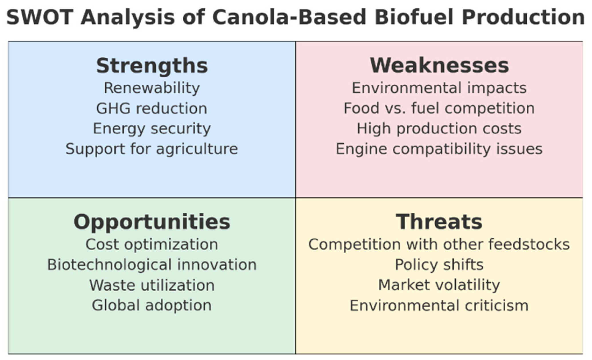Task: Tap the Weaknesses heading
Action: coord(439,65)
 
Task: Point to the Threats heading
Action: coord(439,222)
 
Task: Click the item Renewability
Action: coord(152,88)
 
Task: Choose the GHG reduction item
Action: coord(152,109)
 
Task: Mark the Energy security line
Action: coord(152,129)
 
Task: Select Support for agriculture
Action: coord(152,149)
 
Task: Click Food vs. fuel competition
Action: coord(439,109)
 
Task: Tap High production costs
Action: coord(439,129)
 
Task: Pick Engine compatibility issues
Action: coord(439,149)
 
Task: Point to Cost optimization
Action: coord(152,245)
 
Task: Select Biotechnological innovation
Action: coord(152,265)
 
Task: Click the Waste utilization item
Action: coord(152,285)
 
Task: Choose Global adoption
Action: coord(152,306)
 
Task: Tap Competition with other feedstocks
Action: coord(439,245)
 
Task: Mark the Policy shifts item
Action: coord(439,265)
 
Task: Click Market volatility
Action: coord(439,285)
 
